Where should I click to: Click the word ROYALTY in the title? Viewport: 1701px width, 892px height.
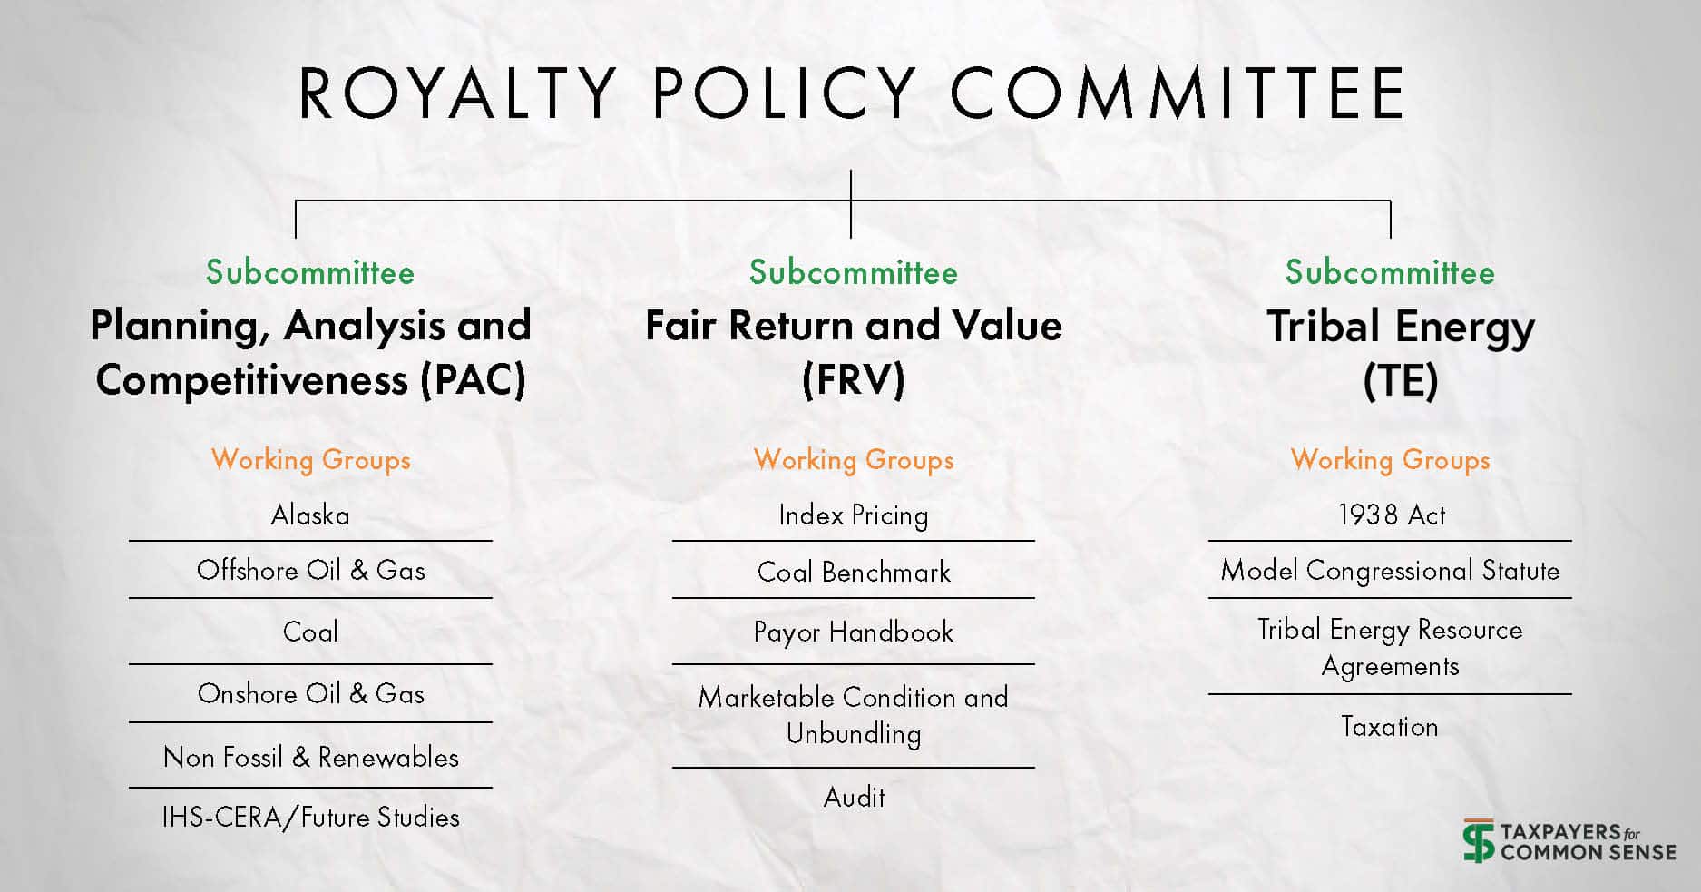pyautogui.click(x=458, y=93)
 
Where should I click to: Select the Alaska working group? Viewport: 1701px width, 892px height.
pyautogui.click(x=310, y=515)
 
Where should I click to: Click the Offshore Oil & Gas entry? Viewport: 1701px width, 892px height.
pyautogui.click(x=310, y=570)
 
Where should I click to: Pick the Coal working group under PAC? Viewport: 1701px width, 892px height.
pyautogui.click(x=310, y=632)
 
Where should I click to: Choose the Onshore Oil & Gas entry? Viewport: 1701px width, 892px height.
pyautogui.click(x=310, y=693)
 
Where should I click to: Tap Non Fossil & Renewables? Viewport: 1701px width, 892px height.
pyautogui.click(x=310, y=757)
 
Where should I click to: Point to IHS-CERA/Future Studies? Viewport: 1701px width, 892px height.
pyautogui.click(x=310, y=817)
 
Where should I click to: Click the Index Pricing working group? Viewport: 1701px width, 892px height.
pyautogui.click(x=854, y=515)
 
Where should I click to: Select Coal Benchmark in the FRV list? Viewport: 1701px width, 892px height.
pyautogui.click(x=854, y=572)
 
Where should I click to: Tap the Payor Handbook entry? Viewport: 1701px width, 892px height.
pyautogui.click(x=854, y=632)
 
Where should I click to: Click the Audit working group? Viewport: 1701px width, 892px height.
pyautogui.click(x=854, y=797)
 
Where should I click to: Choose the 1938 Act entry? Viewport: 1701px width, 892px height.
pyautogui.click(x=1391, y=515)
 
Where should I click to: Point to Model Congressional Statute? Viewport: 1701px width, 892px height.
pyautogui.click(x=1391, y=570)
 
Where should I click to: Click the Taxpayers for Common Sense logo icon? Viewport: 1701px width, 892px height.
pyautogui.click(x=1478, y=841)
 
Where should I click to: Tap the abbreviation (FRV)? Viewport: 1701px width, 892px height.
pyautogui.click(x=854, y=379)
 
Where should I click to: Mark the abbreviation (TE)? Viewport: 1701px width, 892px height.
pyautogui.click(x=1401, y=380)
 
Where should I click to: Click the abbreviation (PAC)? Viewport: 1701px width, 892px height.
pyautogui.click(x=473, y=379)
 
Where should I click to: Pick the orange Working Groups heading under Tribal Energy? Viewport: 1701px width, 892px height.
pyautogui.click(x=1391, y=459)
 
